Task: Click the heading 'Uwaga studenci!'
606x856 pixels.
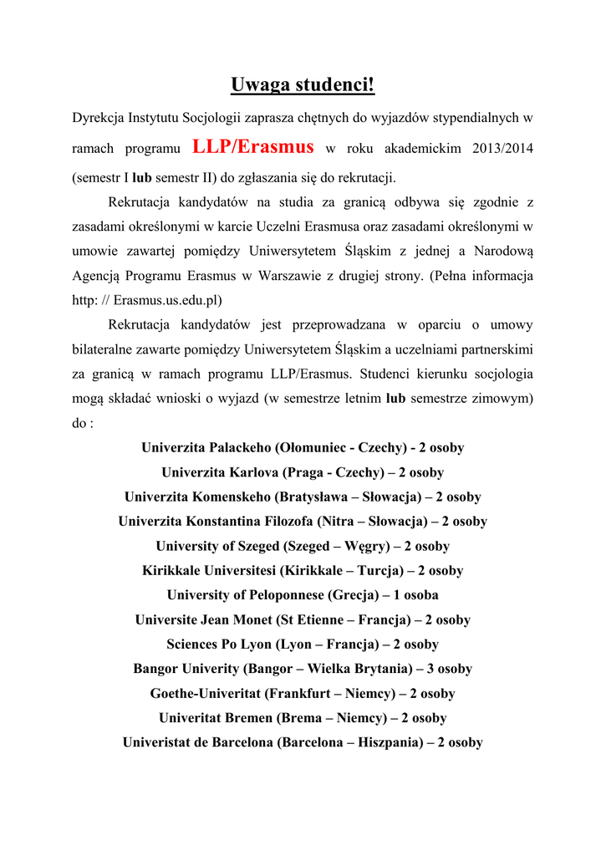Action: [x=303, y=85]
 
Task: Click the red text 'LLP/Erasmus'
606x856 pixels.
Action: [x=252, y=147]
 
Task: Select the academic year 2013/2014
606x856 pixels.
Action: [x=501, y=149]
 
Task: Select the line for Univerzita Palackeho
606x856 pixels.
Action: [x=303, y=447]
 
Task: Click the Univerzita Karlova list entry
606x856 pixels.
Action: [x=303, y=472]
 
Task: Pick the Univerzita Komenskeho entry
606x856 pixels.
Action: [x=303, y=497]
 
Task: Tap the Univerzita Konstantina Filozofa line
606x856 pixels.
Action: [x=303, y=522]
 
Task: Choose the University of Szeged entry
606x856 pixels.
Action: [x=303, y=546]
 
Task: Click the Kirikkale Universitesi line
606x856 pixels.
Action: [x=303, y=571]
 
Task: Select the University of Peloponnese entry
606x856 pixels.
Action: [x=303, y=595]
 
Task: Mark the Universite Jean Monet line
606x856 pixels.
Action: [x=303, y=620]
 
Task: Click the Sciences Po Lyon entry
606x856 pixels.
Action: [x=303, y=645]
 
